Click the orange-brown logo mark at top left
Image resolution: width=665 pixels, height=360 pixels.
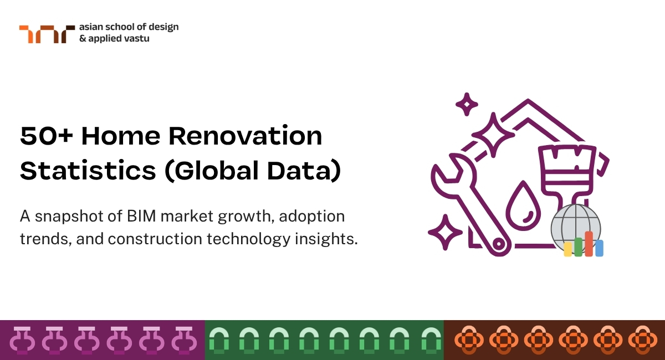[47, 34]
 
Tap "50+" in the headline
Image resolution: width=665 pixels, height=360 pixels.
[47, 136]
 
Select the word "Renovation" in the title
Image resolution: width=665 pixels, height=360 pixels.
[245, 136]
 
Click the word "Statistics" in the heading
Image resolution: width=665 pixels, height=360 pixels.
[88, 171]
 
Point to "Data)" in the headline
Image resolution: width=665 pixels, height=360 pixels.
[304, 171]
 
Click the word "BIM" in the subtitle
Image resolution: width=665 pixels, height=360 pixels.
[141, 216]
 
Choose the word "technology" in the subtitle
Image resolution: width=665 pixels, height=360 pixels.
[248, 239]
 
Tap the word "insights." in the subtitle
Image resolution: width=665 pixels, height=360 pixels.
[326, 239]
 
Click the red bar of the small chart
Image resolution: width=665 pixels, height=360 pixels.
[589, 244]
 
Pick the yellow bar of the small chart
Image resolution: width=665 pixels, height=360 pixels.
[567, 249]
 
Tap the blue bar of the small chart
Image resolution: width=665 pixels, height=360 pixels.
[600, 248]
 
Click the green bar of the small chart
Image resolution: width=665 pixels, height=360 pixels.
[579, 247]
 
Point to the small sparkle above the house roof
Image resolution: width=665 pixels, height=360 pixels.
[467, 105]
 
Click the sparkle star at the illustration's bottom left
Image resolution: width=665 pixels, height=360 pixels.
[445, 233]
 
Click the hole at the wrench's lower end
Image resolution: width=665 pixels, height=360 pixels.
[499, 244]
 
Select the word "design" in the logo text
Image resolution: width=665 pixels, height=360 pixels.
[163, 27]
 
